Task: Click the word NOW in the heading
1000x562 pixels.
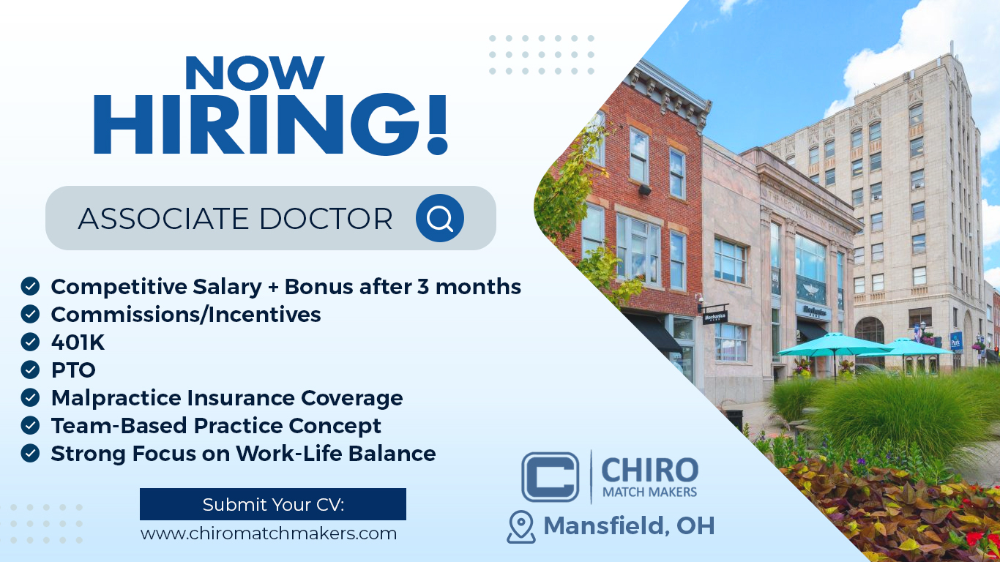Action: pyautogui.click(x=255, y=72)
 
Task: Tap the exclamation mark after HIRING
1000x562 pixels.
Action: pyautogui.click(x=437, y=124)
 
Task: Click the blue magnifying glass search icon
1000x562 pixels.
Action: pyautogui.click(x=440, y=218)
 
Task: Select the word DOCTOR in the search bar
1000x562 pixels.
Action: pyautogui.click(x=326, y=219)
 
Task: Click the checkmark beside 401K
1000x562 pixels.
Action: pyautogui.click(x=30, y=342)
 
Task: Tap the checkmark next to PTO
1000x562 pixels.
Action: pyautogui.click(x=30, y=370)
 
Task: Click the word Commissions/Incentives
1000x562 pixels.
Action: pyautogui.click(x=186, y=314)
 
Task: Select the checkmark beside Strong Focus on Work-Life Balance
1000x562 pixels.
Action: pyautogui.click(x=30, y=453)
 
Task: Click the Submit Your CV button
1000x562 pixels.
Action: pyautogui.click(x=273, y=504)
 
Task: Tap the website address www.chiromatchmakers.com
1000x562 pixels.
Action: pyautogui.click(x=269, y=533)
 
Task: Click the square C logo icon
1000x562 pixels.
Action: pyautogui.click(x=550, y=477)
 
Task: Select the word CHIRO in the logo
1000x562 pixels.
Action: pyautogui.click(x=650, y=470)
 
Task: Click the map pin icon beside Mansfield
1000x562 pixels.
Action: pyautogui.click(x=521, y=527)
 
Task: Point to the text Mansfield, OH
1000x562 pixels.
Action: pyautogui.click(x=629, y=525)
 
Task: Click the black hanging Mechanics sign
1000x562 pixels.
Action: pyautogui.click(x=715, y=316)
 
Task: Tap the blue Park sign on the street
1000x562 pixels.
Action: pyautogui.click(x=956, y=342)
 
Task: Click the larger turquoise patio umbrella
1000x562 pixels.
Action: pyautogui.click(x=835, y=345)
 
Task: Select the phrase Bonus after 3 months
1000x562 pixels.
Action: pyautogui.click(x=403, y=287)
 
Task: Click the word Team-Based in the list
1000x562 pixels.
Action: pyautogui.click(x=119, y=426)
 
